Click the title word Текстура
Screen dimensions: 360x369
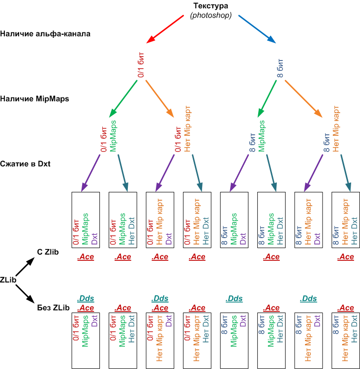pos(210,5)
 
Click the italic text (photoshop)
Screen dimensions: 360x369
pos(211,15)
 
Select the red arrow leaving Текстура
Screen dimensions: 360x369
pos(165,29)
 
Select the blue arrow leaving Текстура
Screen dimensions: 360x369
pos(257,29)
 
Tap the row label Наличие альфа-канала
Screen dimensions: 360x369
pos(45,33)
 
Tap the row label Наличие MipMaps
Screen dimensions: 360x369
pos(34,98)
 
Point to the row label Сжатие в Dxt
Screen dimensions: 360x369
pos(25,164)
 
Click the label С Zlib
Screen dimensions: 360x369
pos(48,252)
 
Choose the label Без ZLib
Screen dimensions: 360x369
pos(54,307)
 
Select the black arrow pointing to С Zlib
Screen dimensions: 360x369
pos(26,266)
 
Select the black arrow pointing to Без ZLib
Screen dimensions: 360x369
pos(26,294)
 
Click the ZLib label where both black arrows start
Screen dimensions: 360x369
pos(8,280)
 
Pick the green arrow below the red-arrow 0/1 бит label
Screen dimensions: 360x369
pos(123,99)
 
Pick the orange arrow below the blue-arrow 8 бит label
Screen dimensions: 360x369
pos(303,99)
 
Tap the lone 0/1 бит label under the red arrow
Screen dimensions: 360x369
pos(141,65)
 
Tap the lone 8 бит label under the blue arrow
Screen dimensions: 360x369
pos(280,68)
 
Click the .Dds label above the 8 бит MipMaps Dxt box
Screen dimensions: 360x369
pos(234,299)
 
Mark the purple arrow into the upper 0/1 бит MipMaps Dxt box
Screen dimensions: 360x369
pos(90,173)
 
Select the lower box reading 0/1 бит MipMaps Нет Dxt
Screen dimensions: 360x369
pos(123,341)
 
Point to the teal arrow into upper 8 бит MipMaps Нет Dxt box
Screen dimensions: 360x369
pos(271,173)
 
